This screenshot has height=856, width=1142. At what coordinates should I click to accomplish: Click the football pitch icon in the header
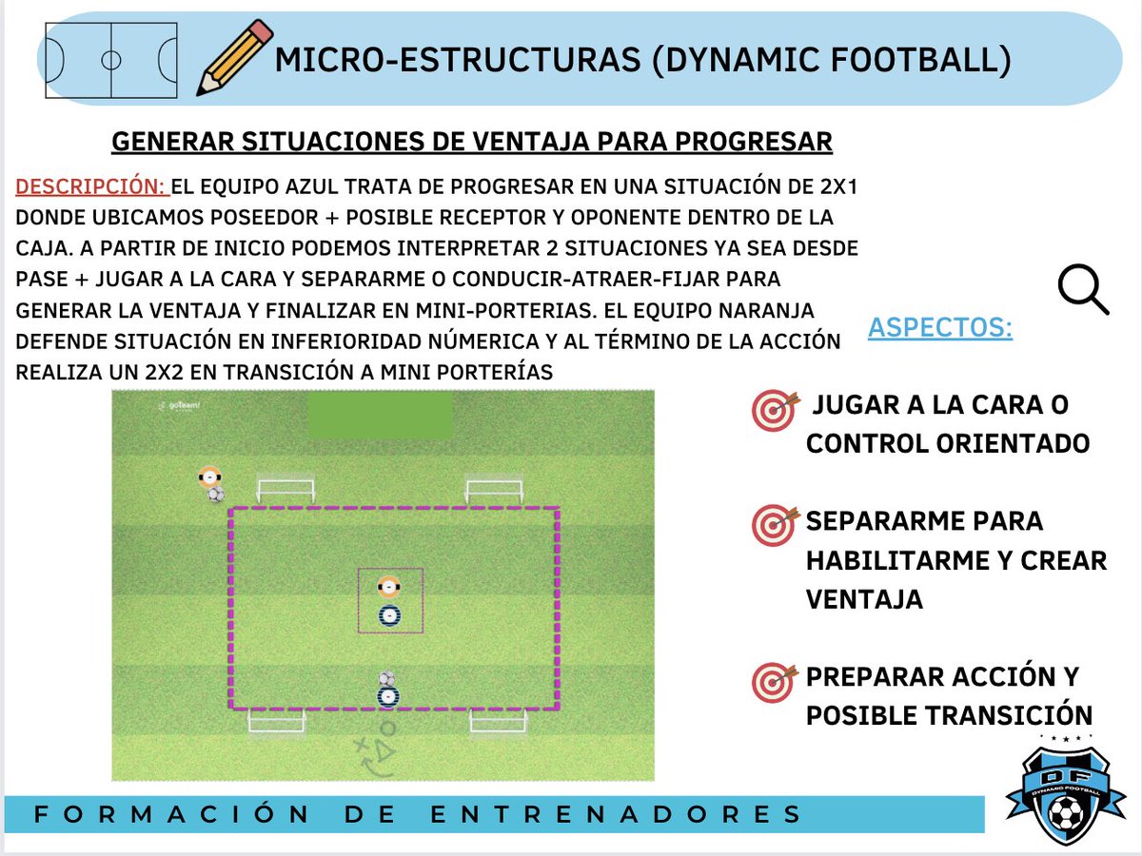111,60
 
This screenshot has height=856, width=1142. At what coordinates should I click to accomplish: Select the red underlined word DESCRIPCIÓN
92,185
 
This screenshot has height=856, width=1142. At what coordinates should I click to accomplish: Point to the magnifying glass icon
1084,289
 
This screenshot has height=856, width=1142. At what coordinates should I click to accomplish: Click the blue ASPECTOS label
939,328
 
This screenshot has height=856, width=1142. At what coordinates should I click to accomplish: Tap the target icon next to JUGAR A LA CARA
772,411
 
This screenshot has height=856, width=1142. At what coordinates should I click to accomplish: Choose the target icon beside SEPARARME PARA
772,525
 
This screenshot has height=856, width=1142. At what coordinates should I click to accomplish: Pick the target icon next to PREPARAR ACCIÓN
772,681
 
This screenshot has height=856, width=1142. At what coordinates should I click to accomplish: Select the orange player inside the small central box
387,587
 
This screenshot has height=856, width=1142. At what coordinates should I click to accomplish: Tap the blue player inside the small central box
388,616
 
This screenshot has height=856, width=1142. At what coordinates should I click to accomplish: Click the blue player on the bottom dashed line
387,697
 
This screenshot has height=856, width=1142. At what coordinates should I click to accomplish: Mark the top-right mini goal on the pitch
494,491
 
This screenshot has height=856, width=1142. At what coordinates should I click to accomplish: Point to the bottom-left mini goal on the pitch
277,721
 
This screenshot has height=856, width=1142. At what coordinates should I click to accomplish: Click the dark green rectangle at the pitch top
380,417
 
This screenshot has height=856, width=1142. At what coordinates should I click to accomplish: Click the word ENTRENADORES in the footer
617,815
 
